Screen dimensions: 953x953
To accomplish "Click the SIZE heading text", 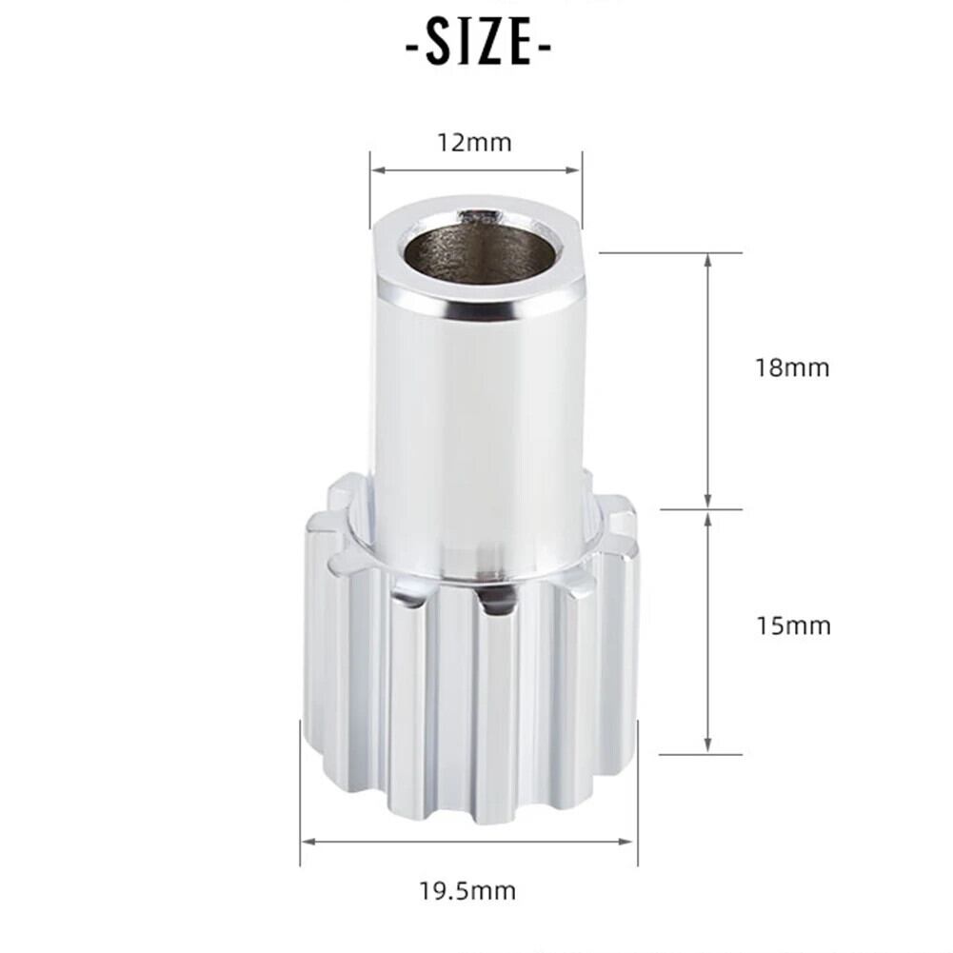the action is (478, 42).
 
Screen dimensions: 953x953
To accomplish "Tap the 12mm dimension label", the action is (475, 143).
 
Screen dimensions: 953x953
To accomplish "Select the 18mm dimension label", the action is (792, 367).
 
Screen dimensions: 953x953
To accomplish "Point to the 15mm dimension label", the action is (793, 625).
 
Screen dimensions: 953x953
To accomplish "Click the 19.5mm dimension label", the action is (467, 891).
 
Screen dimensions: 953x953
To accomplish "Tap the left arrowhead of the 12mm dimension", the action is (378, 170).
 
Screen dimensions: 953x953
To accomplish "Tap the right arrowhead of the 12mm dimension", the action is (573, 170).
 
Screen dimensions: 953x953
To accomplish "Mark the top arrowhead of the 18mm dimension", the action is (708, 261).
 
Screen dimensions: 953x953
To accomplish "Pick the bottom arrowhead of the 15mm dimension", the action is (708, 745).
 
